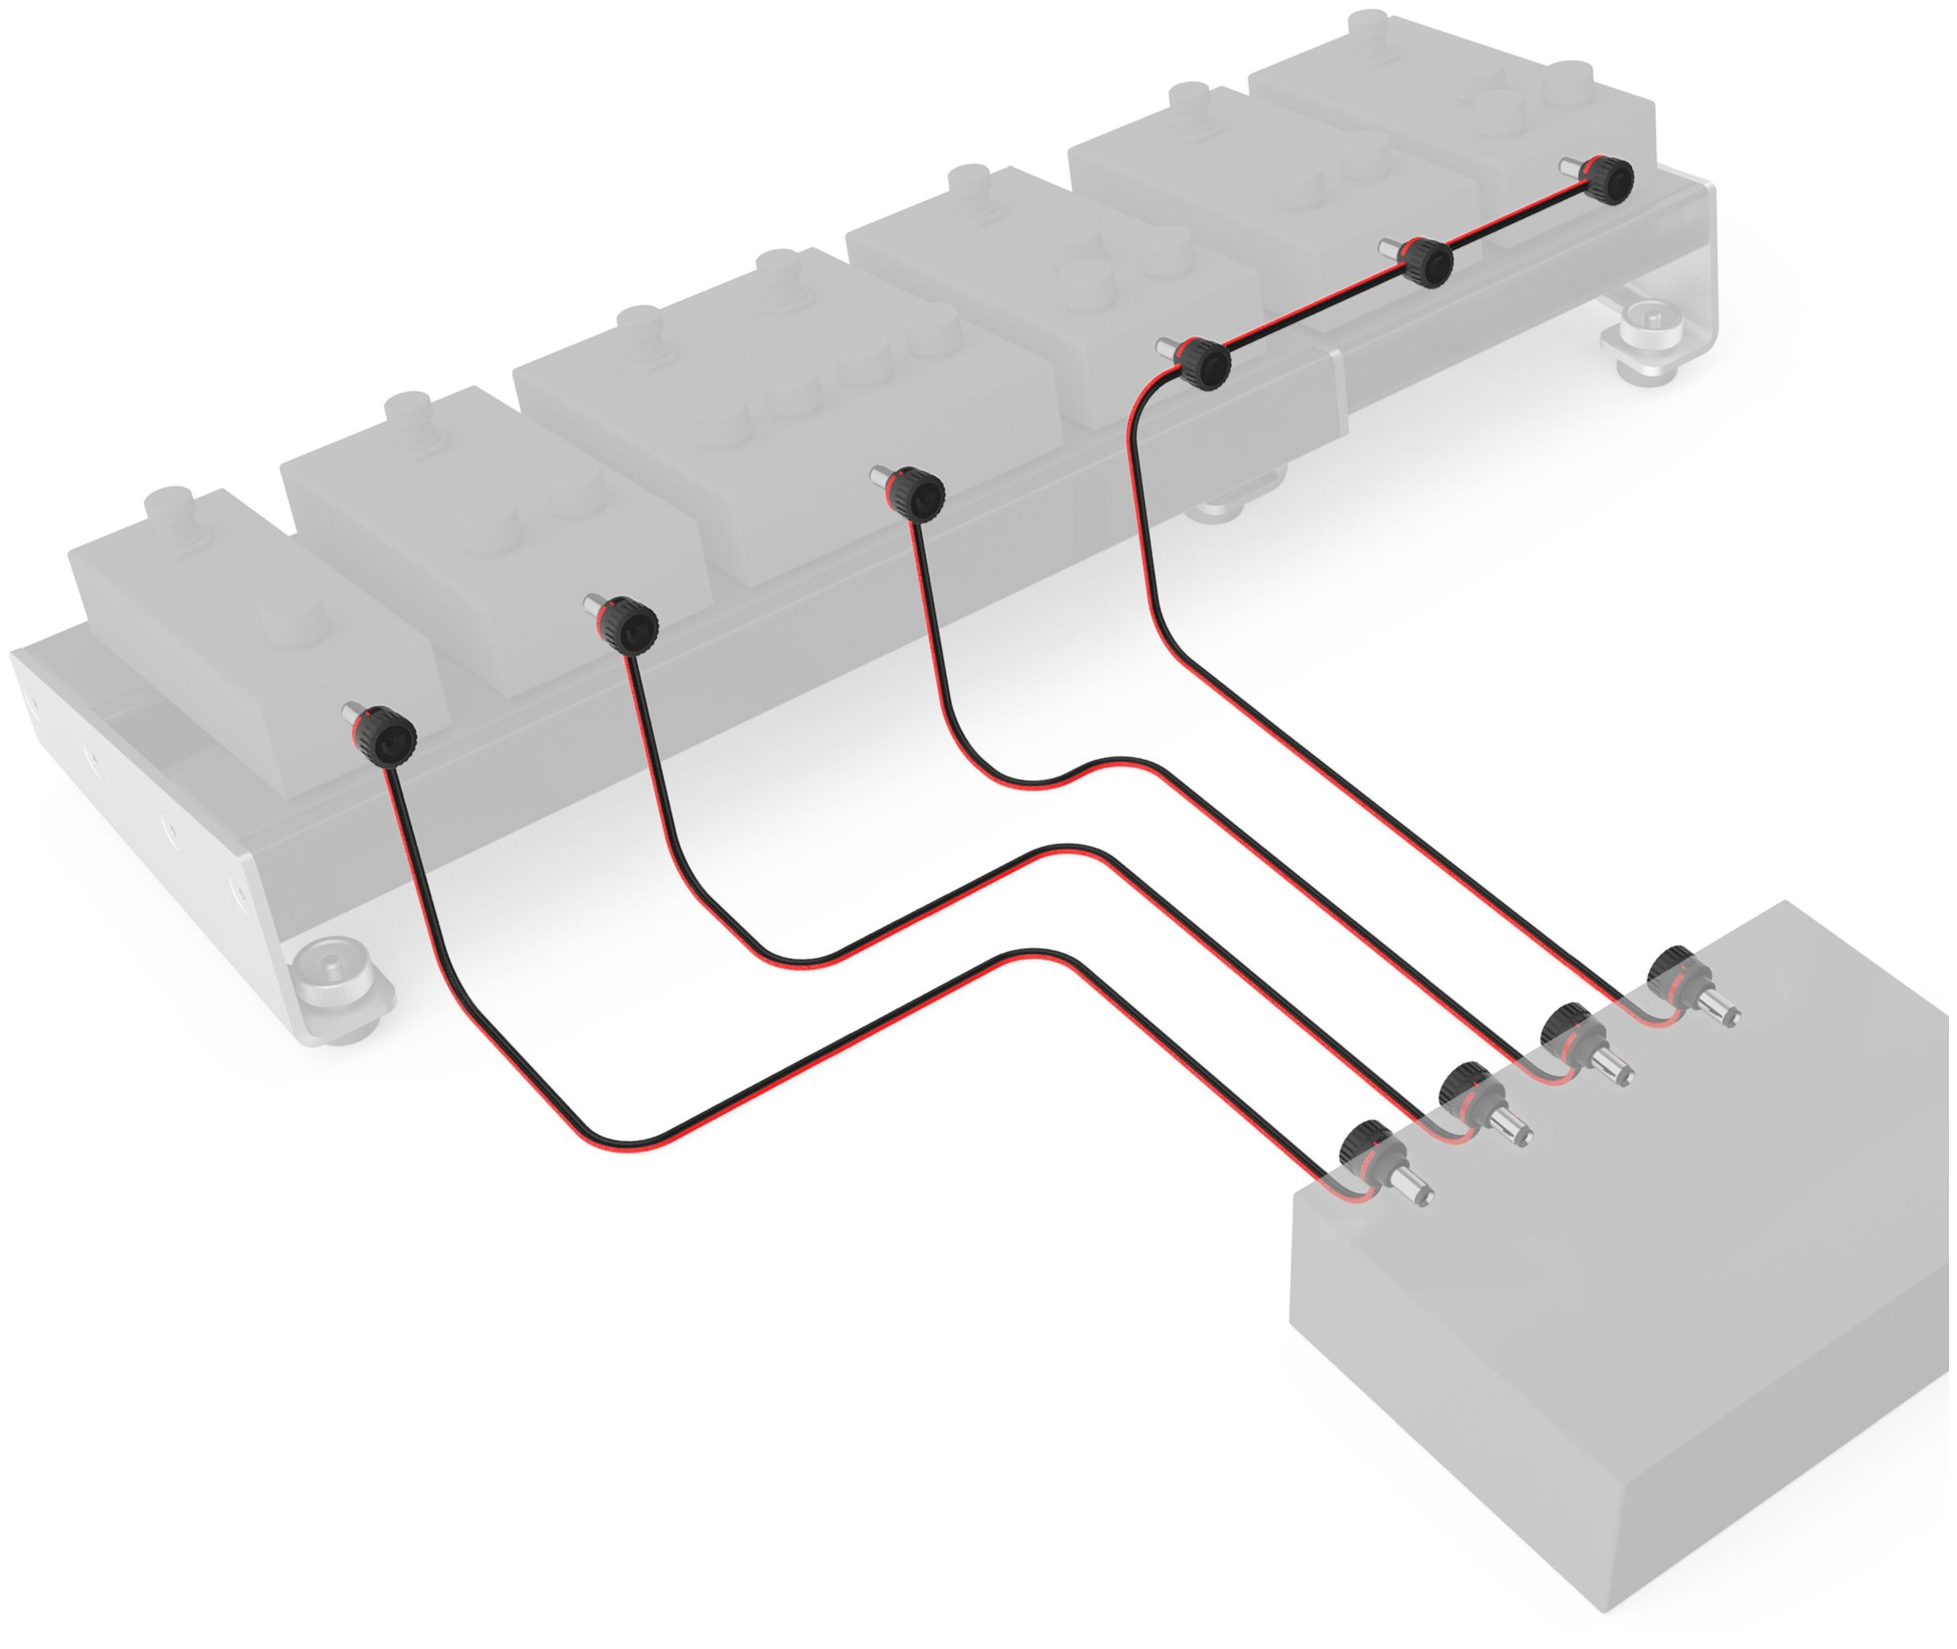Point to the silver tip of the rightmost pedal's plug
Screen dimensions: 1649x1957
(1570, 165)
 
